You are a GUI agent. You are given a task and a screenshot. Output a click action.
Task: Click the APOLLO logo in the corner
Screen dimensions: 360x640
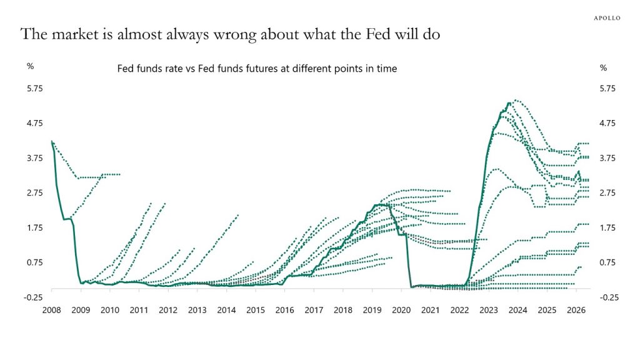click(x=606, y=18)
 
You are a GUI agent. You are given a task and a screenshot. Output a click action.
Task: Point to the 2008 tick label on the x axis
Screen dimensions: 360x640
click(x=51, y=309)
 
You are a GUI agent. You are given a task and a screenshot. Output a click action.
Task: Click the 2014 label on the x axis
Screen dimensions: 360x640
click(x=226, y=309)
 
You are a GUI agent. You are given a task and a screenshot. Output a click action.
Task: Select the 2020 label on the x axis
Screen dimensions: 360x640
click(x=401, y=309)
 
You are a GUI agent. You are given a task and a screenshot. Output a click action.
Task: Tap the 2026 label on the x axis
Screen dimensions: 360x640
click(x=576, y=309)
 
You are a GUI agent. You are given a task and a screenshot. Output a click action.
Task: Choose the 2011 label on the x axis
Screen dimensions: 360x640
click(x=139, y=309)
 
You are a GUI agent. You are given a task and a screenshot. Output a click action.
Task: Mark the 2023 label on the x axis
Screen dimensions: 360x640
click(x=489, y=309)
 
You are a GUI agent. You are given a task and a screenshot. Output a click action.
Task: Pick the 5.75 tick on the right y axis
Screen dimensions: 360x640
click(x=607, y=89)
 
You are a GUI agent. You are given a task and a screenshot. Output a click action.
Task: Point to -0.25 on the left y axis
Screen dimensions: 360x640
click(x=32, y=297)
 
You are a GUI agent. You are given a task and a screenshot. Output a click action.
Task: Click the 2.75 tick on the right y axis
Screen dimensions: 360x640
click(x=607, y=192)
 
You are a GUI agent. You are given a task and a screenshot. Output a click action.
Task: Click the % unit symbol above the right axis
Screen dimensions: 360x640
click(x=603, y=67)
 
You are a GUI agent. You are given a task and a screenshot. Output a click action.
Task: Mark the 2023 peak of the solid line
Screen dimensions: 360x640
click(x=509, y=103)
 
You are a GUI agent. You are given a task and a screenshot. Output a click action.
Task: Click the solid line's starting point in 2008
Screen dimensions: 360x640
click(x=52, y=141)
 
